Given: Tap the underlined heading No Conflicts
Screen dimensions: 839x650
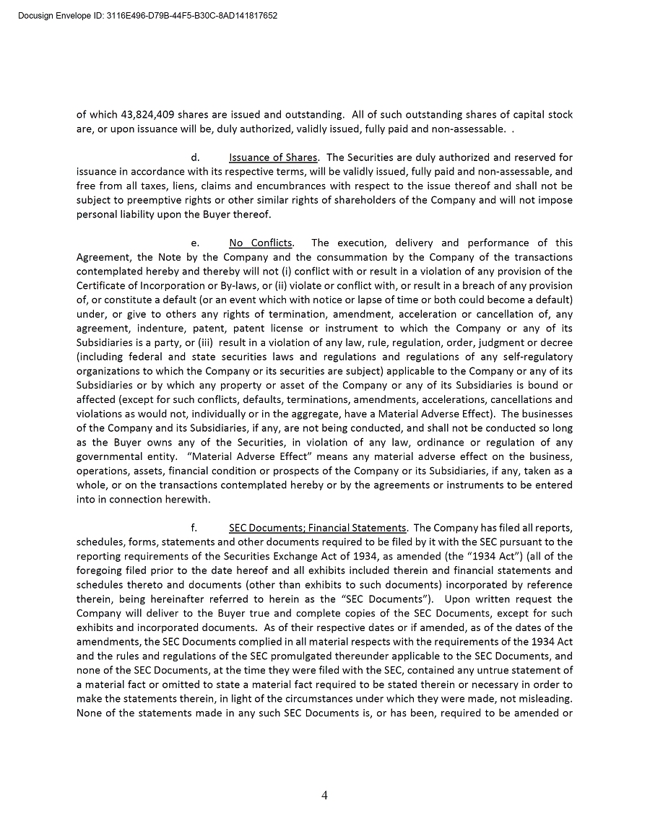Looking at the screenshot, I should pos(260,243).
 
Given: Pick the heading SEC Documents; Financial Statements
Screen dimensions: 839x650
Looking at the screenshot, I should pos(317,528).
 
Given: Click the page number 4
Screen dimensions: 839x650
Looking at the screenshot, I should pos(324,796).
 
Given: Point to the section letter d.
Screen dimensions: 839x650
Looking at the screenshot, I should pos(195,157).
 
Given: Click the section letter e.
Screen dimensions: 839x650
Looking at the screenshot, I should pos(195,243).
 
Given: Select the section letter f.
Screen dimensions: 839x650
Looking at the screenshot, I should pos(194,528).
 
